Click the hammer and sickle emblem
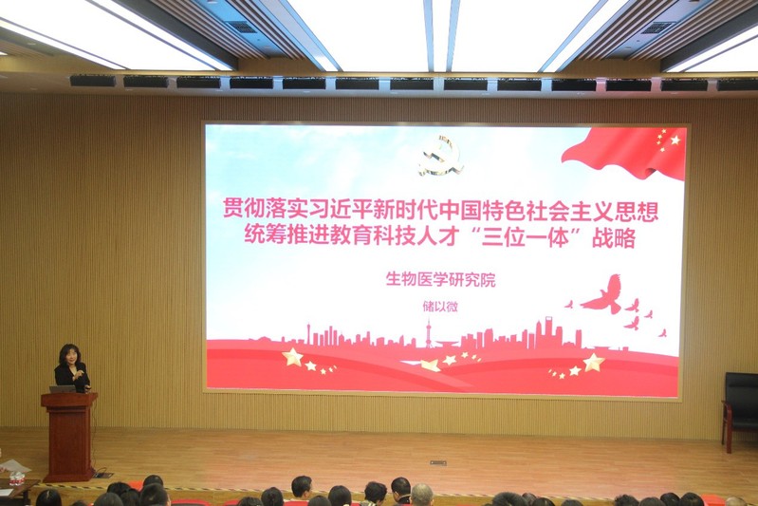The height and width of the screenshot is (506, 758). (x=439, y=156)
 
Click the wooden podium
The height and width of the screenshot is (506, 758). (x=69, y=437)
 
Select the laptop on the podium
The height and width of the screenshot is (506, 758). (x=63, y=389)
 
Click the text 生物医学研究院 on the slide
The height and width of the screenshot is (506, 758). (x=440, y=280)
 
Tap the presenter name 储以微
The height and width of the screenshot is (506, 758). (x=440, y=307)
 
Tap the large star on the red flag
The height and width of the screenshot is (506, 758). (x=675, y=140)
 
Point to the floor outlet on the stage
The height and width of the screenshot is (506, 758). (x=438, y=463)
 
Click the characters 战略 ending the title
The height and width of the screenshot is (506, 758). (x=614, y=238)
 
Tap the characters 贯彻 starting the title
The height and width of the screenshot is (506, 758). (x=243, y=210)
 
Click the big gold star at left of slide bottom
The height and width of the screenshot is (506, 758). (x=292, y=357)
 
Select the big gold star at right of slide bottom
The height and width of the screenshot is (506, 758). (x=594, y=362)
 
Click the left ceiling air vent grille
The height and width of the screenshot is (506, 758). (x=242, y=28)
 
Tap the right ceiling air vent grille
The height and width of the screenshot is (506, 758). (x=657, y=28)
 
